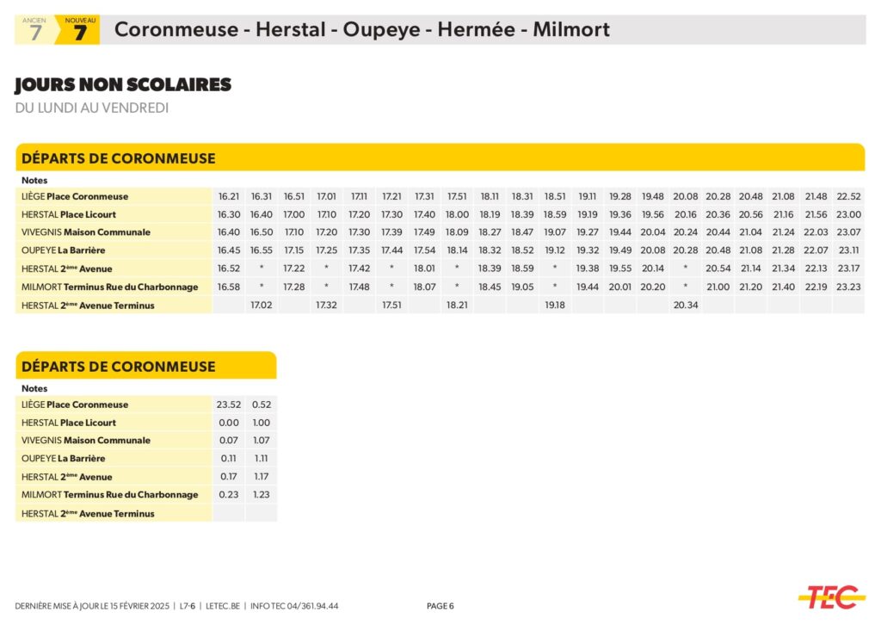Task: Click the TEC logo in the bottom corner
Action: [830, 596]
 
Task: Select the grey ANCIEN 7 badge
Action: [35, 30]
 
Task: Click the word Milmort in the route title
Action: [570, 29]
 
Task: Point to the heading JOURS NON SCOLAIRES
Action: [123, 84]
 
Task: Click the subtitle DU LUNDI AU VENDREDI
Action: [92, 108]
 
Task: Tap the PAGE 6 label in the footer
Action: [440, 606]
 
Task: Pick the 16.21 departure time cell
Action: [229, 196]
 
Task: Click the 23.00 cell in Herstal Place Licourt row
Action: [848, 214]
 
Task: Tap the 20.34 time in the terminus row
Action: [686, 305]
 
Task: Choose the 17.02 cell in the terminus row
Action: [261, 305]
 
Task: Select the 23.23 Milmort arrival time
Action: [848, 287]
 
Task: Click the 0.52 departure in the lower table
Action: [262, 405]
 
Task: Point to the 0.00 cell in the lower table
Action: [229, 423]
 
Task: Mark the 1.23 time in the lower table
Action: [262, 494]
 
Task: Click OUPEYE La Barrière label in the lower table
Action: [64, 459]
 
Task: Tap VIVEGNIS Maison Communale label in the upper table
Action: [86, 232]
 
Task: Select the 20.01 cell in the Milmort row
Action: [620, 287]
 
